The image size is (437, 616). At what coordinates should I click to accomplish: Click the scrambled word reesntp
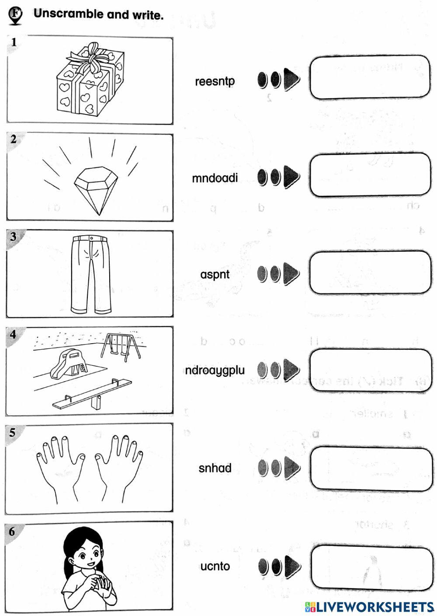point(215,81)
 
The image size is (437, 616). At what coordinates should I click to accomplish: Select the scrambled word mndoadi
point(215,178)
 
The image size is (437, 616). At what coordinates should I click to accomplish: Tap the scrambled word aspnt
point(215,275)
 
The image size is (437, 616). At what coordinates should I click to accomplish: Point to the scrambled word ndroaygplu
point(215,370)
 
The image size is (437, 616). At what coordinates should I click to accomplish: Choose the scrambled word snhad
point(215,468)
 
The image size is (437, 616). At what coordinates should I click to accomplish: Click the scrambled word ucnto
point(215,566)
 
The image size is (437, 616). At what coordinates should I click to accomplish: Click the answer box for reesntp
point(370,77)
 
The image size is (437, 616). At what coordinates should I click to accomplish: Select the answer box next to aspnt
point(370,272)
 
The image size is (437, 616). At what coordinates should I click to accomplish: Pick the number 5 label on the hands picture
point(13,432)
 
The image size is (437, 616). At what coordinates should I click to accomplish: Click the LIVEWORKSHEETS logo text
point(374,606)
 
